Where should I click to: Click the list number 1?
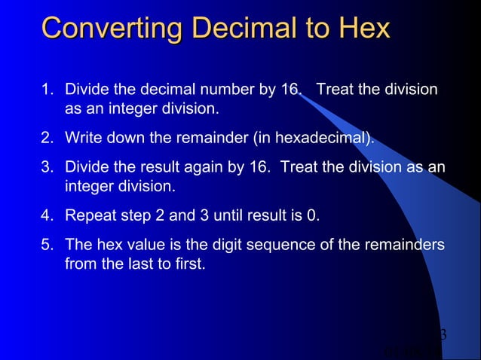click(x=46, y=90)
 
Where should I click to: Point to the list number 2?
click(x=46, y=139)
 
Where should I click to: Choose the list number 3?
click(x=46, y=166)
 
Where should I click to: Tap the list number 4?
click(x=46, y=216)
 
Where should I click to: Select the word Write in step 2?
click(x=82, y=139)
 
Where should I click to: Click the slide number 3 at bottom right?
click(x=443, y=334)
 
